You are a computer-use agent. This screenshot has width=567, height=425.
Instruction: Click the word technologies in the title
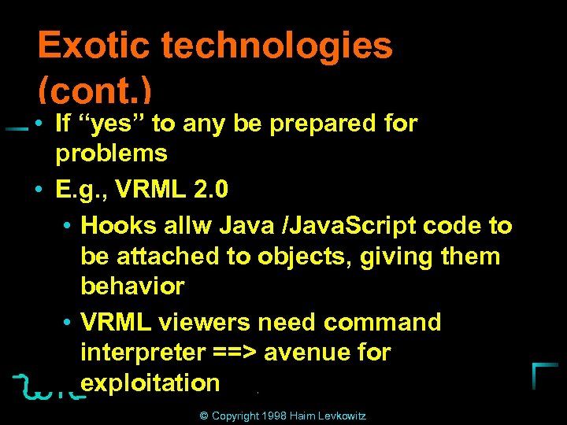(x=277, y=46)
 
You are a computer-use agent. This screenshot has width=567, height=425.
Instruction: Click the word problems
(x=111, y=153)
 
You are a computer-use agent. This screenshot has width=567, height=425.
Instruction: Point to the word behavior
(x=132, y=286)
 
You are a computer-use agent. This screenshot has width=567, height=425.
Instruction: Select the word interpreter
(x=143, y=353)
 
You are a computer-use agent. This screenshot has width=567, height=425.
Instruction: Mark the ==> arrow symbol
(x=235, y=353)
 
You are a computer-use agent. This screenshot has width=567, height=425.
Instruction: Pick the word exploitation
(x=150, y=383)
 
